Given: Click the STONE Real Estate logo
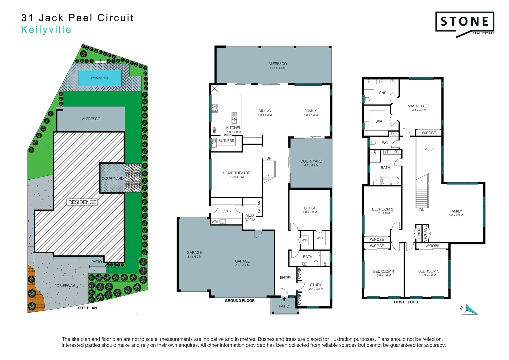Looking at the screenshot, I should click(x=465, y=23).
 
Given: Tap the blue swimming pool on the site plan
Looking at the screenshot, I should click(x=100, y=78).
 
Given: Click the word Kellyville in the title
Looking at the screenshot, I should click(x=46, y=30).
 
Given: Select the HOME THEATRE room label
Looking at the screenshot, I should click(x=236, y=173).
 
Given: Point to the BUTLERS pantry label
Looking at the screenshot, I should click(x=226, y=141).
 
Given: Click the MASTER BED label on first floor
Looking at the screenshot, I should click(x=419, y=106).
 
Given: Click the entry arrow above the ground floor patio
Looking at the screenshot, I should click(x=284, y=299).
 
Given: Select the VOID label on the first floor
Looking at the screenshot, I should click(x=429, y=149).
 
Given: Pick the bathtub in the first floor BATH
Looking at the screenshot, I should click(x=390, y=181).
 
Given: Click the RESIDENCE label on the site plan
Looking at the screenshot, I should click(x=82, y=202).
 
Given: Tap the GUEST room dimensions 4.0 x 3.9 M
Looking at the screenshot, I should click(x=310, y=212).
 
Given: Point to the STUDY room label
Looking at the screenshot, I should click(x=316, y=285).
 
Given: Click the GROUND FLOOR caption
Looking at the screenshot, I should click(x=239, y=301).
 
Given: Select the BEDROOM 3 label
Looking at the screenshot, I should click(x=429, y=271).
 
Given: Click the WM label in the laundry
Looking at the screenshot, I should click(x=214, y=222).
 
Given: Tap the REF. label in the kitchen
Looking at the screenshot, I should click(x=214, y=129).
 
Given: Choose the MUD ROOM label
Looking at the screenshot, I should click(x=250, y=218).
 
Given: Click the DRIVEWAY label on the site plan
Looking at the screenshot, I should click(x=66, y=286).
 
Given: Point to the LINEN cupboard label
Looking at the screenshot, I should click(x=419, y=233).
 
